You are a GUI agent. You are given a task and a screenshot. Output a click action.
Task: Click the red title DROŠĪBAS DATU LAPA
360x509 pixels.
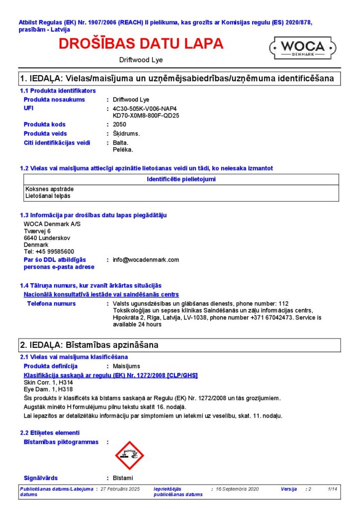point(141,44)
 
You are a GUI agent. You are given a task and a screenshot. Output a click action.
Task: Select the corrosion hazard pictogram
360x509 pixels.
point(129,455)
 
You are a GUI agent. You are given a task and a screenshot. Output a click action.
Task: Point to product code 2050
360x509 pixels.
point(119,124)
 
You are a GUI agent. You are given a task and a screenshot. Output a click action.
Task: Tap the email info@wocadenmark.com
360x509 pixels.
point(146,259)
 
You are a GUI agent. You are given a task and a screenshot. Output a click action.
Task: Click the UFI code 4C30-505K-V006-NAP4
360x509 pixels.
point(145,108)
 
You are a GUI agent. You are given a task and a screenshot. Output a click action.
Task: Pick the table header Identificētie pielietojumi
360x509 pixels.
point(181,179)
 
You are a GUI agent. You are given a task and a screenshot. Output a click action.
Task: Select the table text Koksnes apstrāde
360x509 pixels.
point(46,189)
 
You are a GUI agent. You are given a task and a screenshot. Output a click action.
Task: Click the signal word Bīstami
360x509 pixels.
point(123,478)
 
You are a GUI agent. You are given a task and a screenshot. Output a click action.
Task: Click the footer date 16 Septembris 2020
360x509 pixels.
point(237,490)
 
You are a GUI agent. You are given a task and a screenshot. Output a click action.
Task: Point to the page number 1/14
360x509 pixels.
point(333,490)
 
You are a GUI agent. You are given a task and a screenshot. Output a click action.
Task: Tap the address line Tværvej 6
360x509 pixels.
point(37,231)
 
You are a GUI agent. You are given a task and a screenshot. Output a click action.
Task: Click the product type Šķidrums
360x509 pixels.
point(126,133)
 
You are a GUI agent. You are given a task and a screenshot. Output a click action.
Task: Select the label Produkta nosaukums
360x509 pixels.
point(54,99)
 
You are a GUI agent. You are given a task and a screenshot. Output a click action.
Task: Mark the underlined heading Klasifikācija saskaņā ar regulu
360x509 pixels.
point(110,375)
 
